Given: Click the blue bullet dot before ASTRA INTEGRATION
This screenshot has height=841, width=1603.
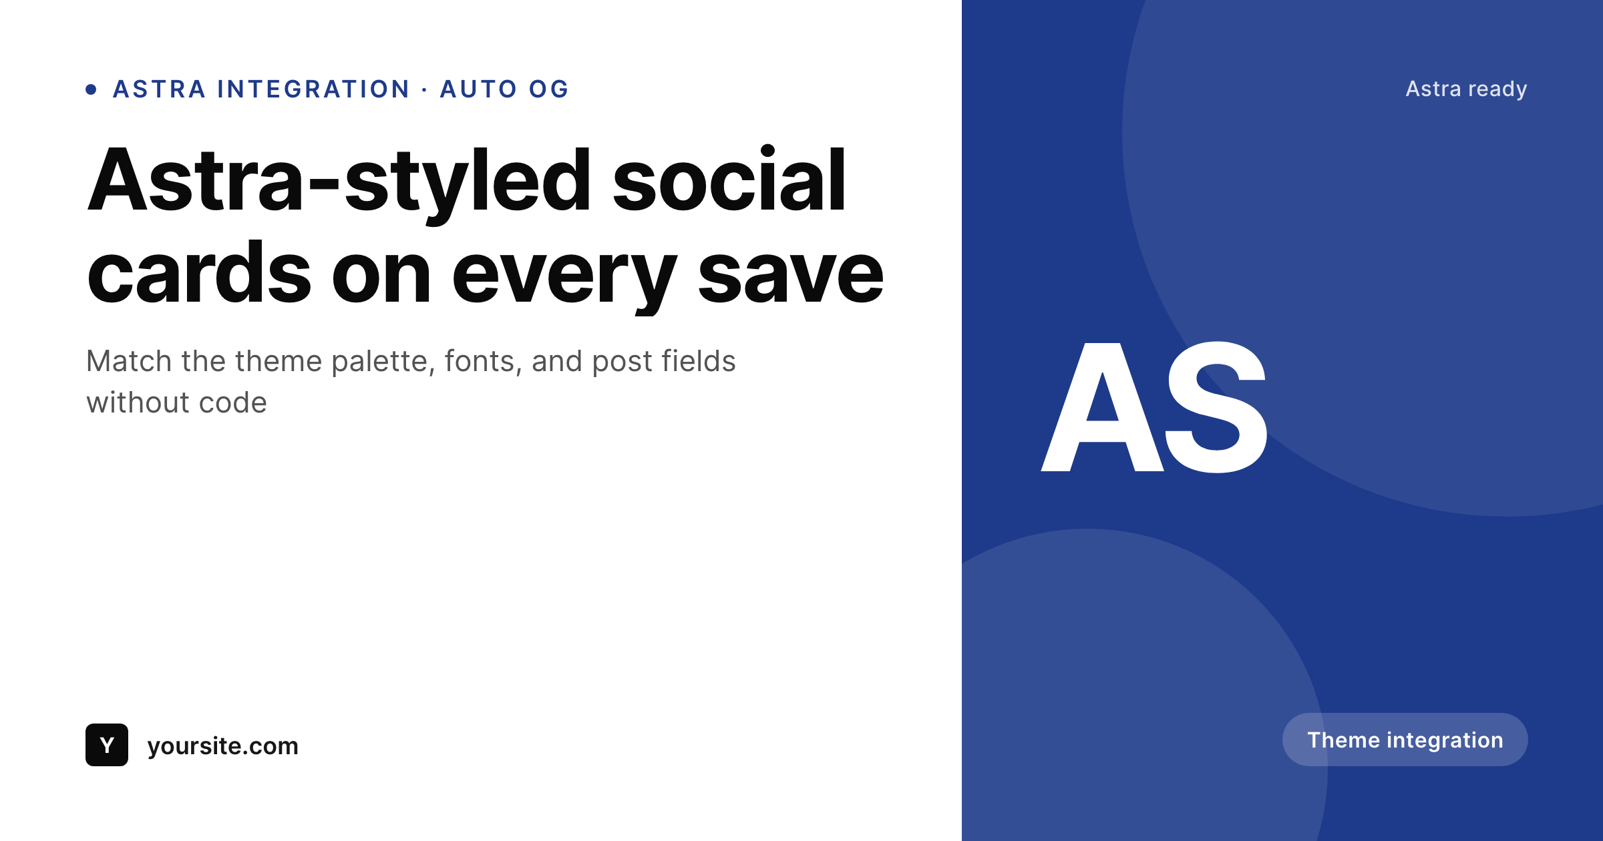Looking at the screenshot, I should click(92, 89).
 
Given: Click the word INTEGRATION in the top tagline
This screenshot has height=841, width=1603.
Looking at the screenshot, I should click(313, 89).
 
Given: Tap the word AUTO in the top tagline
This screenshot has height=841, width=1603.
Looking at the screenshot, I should click(478, 89).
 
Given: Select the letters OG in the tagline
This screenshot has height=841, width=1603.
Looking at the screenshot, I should click(549, 89).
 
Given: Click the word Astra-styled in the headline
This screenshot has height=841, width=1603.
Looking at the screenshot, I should click(339, 181).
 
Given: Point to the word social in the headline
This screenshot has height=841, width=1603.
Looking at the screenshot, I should click(729, 181).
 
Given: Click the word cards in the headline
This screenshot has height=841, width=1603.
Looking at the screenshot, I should click(199, 273).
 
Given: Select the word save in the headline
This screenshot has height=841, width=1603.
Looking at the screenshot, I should click(791, 273).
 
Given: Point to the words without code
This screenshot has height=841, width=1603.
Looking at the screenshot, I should click(176, 403).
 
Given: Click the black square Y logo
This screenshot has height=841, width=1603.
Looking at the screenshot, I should click(107, 745).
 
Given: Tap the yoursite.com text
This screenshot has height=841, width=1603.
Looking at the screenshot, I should click(222, 746).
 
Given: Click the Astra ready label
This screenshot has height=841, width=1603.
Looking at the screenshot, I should click(1466, 89).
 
